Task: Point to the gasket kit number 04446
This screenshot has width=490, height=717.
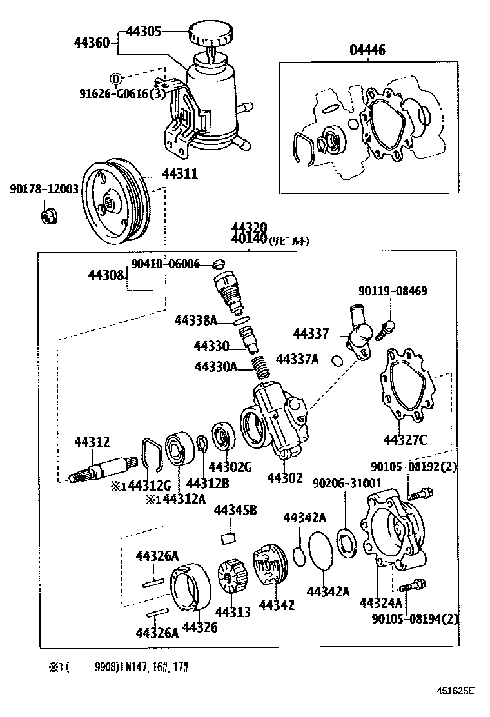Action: point(367,51)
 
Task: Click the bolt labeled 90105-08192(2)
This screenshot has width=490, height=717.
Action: point(420,495)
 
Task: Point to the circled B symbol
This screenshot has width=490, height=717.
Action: point(116,78)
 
